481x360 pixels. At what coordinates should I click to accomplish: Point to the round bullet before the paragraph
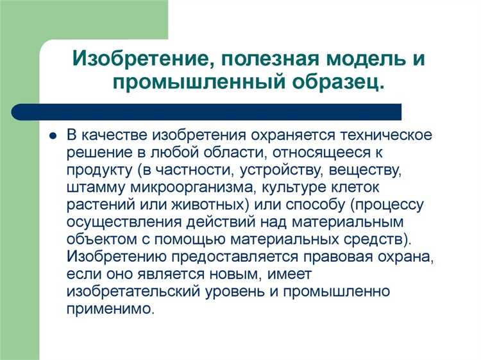click(53, 136)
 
